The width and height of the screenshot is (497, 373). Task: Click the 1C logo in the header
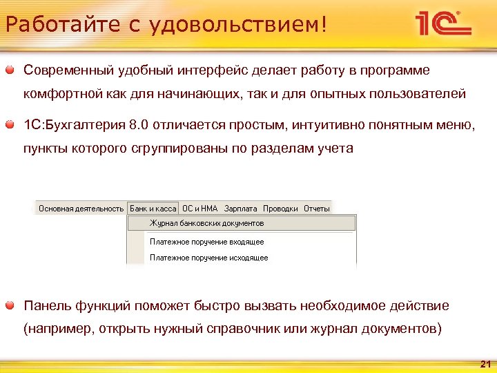[x=442, y=25]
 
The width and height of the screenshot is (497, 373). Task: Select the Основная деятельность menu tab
[x=81, y=208]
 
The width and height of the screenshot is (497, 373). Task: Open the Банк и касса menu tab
[x=153, y=208]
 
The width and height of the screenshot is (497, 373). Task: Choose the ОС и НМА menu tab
[x=199, y=208]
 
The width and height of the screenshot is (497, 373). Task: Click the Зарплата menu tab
[x=241, y=208]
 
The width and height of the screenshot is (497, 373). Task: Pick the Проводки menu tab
[x=281, y=208]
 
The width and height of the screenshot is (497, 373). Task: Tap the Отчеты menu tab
[x=317, y=208]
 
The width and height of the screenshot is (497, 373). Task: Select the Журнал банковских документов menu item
[x=207, y=223]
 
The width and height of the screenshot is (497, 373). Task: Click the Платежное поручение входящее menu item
[x=207, y=242]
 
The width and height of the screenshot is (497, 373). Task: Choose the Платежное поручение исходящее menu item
[x=209, y=258]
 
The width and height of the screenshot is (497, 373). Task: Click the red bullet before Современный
[x=12, y=70]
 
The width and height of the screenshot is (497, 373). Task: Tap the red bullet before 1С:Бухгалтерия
[x=12, y=125]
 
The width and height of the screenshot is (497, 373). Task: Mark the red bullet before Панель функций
[x=12, y=305]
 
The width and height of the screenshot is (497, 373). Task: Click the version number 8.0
[x=138, y=125]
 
